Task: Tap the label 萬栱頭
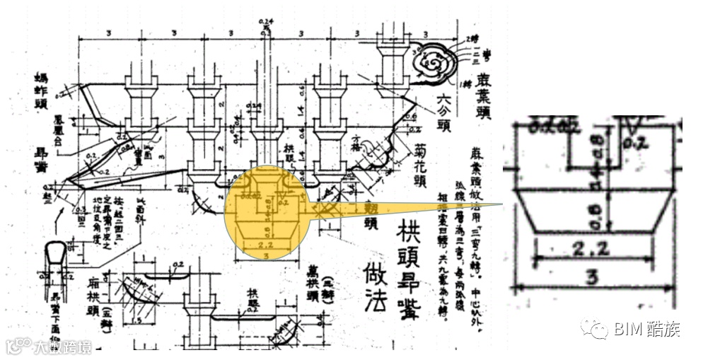[312, 285]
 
